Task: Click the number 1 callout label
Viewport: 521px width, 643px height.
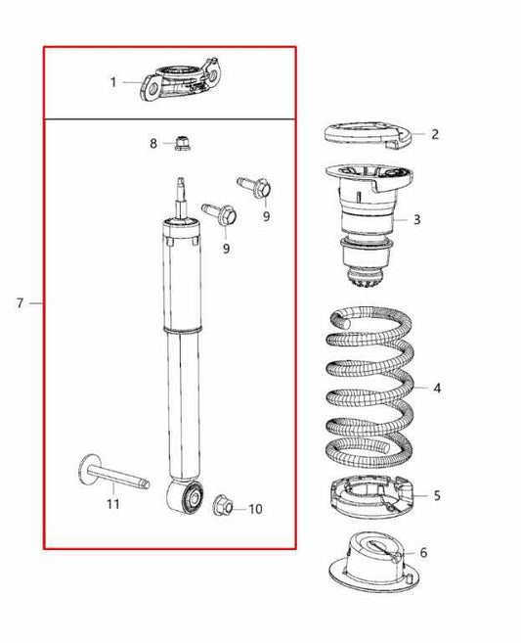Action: [112, 82]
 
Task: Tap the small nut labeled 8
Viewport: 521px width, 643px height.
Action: [181, 143]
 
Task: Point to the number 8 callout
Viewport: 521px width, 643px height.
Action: [153, 144]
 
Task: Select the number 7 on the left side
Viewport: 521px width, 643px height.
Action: [20, 303]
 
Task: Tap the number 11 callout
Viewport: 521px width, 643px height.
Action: [112, 504]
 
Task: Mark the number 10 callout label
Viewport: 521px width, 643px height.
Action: [255, 509]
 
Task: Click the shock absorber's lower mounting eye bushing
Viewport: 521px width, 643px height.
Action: [189, 500]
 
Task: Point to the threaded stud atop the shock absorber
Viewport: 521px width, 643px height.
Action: [180, 191]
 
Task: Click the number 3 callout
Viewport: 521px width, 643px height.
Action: [416, 219]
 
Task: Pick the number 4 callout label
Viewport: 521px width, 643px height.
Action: [437, 389]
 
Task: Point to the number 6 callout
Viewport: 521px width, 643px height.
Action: [423, 553]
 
